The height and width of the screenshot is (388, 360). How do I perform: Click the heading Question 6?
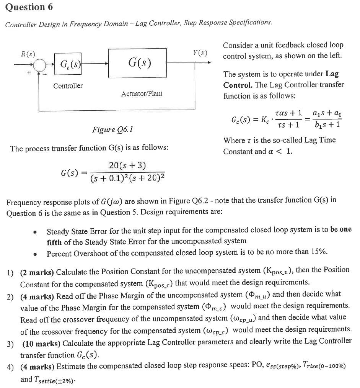(x=29, y=7)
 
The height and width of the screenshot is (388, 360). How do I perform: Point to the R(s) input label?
(x=28, y=54)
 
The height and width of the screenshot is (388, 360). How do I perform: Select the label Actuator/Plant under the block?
(x=142, y=93)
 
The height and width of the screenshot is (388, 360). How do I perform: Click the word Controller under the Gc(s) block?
(x=68, y=86)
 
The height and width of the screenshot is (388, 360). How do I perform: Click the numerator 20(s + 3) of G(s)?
(x=127, y=165)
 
